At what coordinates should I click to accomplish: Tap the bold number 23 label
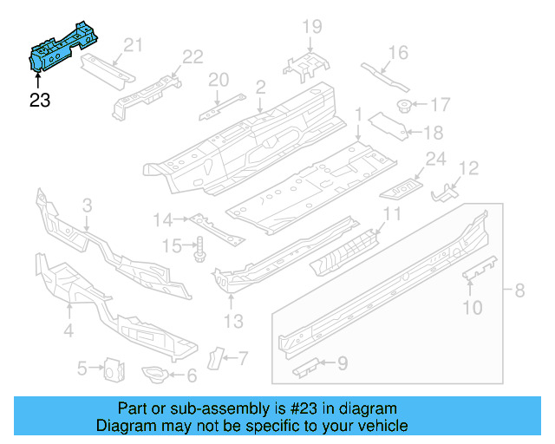click(x=40, y=101)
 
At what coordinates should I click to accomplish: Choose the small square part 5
click(x=111, y=369)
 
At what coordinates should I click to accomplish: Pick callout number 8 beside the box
click(x=519, y=291)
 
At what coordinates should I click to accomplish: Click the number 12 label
click(x=468, y=167)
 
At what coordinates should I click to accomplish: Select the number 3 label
click(x=87, y=206)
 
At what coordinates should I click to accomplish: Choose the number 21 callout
click(x=132, y=45)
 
